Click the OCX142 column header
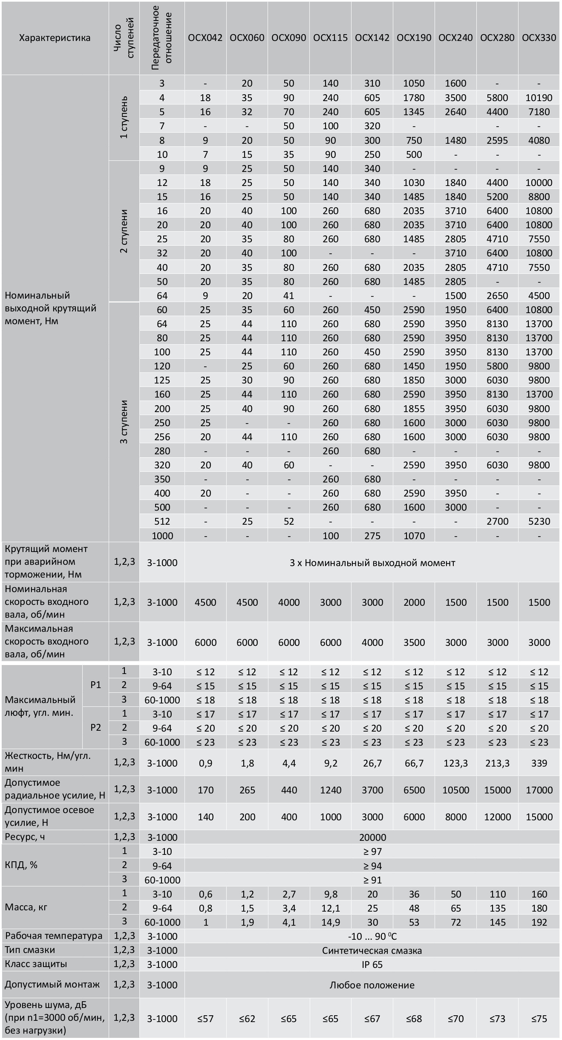click(x=372, y=38)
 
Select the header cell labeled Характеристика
click(x=55, y=38)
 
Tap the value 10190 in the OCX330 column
click(x=539, y=98)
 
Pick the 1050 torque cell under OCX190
click(x=414, y=84)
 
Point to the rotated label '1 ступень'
click(x=124, y=117)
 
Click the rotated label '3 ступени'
click(x=124, y=422)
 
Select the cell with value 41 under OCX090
click(x=288, y=296)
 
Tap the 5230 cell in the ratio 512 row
click(x=539, y=521)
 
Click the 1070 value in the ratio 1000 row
click(x=414, y=535)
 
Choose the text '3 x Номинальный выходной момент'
click(x=372, y=563)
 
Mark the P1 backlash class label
click(x=96, y=685)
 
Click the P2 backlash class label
click(x=96, y=727)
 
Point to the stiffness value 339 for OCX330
click(x=539, y=763)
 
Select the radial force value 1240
click(x=331, y=790)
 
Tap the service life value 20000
click(x=372, y=837)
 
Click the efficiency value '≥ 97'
click(x=372, y=851)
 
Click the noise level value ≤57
click(x=205, y=1019)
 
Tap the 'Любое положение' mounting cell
click(x=372, y=985)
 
